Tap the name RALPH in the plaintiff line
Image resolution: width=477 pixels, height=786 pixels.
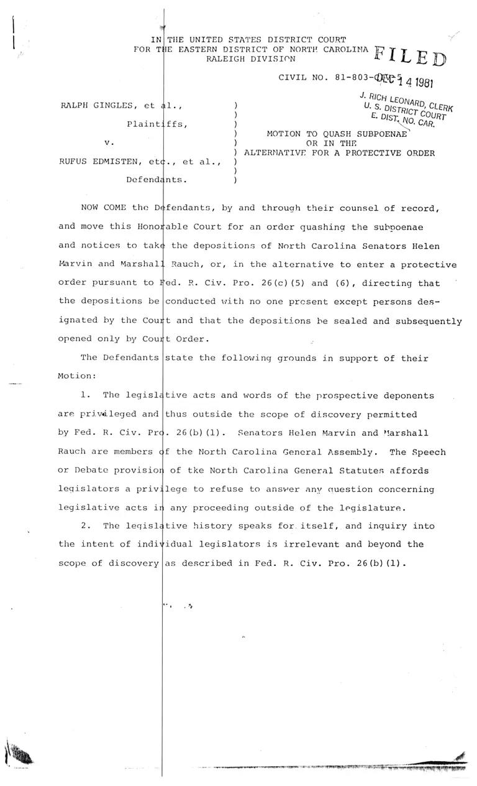tap(75, 106)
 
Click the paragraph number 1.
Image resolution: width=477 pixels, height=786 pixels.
tap(86, 395)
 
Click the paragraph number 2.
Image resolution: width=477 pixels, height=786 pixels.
tap(86, 525)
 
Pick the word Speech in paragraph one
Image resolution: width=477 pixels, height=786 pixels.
tap(431, 452)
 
